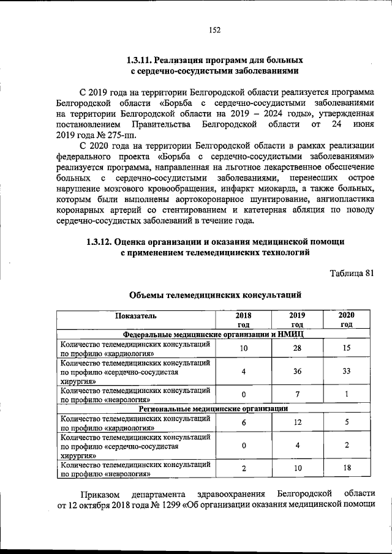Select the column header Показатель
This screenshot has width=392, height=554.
[138, 316]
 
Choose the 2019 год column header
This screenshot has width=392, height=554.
[297, 320]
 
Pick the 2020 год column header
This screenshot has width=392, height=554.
[347, 320]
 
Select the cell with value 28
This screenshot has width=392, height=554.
[297, 348]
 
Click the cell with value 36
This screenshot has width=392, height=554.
[297, 371]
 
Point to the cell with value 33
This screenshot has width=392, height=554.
[347, 371]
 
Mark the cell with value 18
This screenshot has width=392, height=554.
[347, 468]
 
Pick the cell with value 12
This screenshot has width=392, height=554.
[297, 422]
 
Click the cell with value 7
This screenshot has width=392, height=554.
[297, 394]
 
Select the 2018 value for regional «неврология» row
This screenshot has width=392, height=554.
[244, 468]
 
